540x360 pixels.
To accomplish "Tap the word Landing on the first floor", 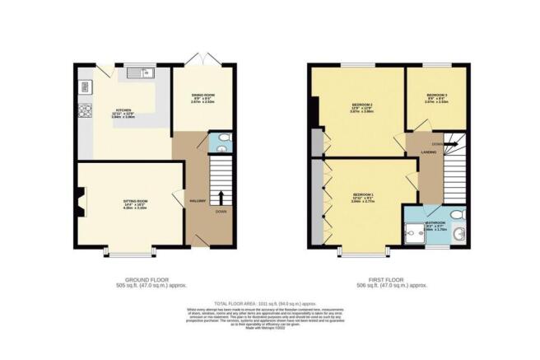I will pyautogui.click(x=429, y=153).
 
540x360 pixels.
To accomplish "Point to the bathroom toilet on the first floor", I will pyautogui.click(x=464, y=216).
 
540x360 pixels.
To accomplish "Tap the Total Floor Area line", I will pyautogui.click(x=269, y=304).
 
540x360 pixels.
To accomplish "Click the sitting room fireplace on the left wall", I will pyautogui.click(x=80, y=200).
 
